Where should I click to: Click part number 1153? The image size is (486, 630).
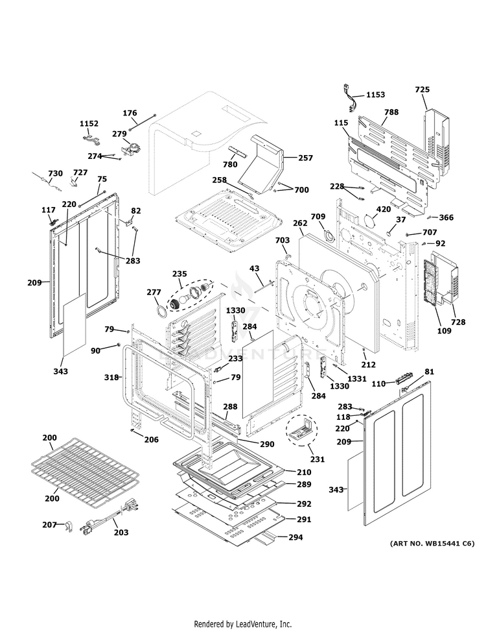[x=375, y=95]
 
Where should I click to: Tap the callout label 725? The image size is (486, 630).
[x=422, y=89]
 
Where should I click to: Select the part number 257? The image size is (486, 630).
[x=305, y=158]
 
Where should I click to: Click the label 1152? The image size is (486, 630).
[x=89, y=123]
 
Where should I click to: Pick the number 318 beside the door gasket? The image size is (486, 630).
[x=111, y=377]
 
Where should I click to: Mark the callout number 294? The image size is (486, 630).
[x=295, y=537]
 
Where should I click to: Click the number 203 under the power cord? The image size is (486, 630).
[x=121, y=532]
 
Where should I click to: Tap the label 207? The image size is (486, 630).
[x=49, y=524]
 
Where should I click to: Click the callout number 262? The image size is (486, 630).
[x=299, y=223]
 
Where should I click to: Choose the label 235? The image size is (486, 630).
[x=178, y=274]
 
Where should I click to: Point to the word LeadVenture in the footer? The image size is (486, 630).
[x=259, y=624]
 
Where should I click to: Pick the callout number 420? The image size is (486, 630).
[x=384, y=210]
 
